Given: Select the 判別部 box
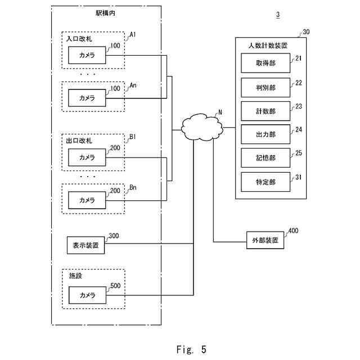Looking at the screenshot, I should [265, 88].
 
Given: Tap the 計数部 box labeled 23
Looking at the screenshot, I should [265, 111].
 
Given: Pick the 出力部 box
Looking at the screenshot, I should [265, 135].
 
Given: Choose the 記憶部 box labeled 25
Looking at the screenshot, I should [265, 158].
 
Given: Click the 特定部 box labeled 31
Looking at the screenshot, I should [265, 182].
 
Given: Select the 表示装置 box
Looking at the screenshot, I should [86, 245].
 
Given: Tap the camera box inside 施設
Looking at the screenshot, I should [87, 295].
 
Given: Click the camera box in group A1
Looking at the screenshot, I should [87, 56].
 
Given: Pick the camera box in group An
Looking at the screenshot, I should [87, 98].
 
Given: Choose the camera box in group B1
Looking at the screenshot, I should [87, 157].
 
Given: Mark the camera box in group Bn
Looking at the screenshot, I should [87, 200].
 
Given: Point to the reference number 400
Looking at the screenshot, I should [293, 231].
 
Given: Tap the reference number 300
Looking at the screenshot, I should [114, 236].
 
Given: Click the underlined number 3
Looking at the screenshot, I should [278, 15].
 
